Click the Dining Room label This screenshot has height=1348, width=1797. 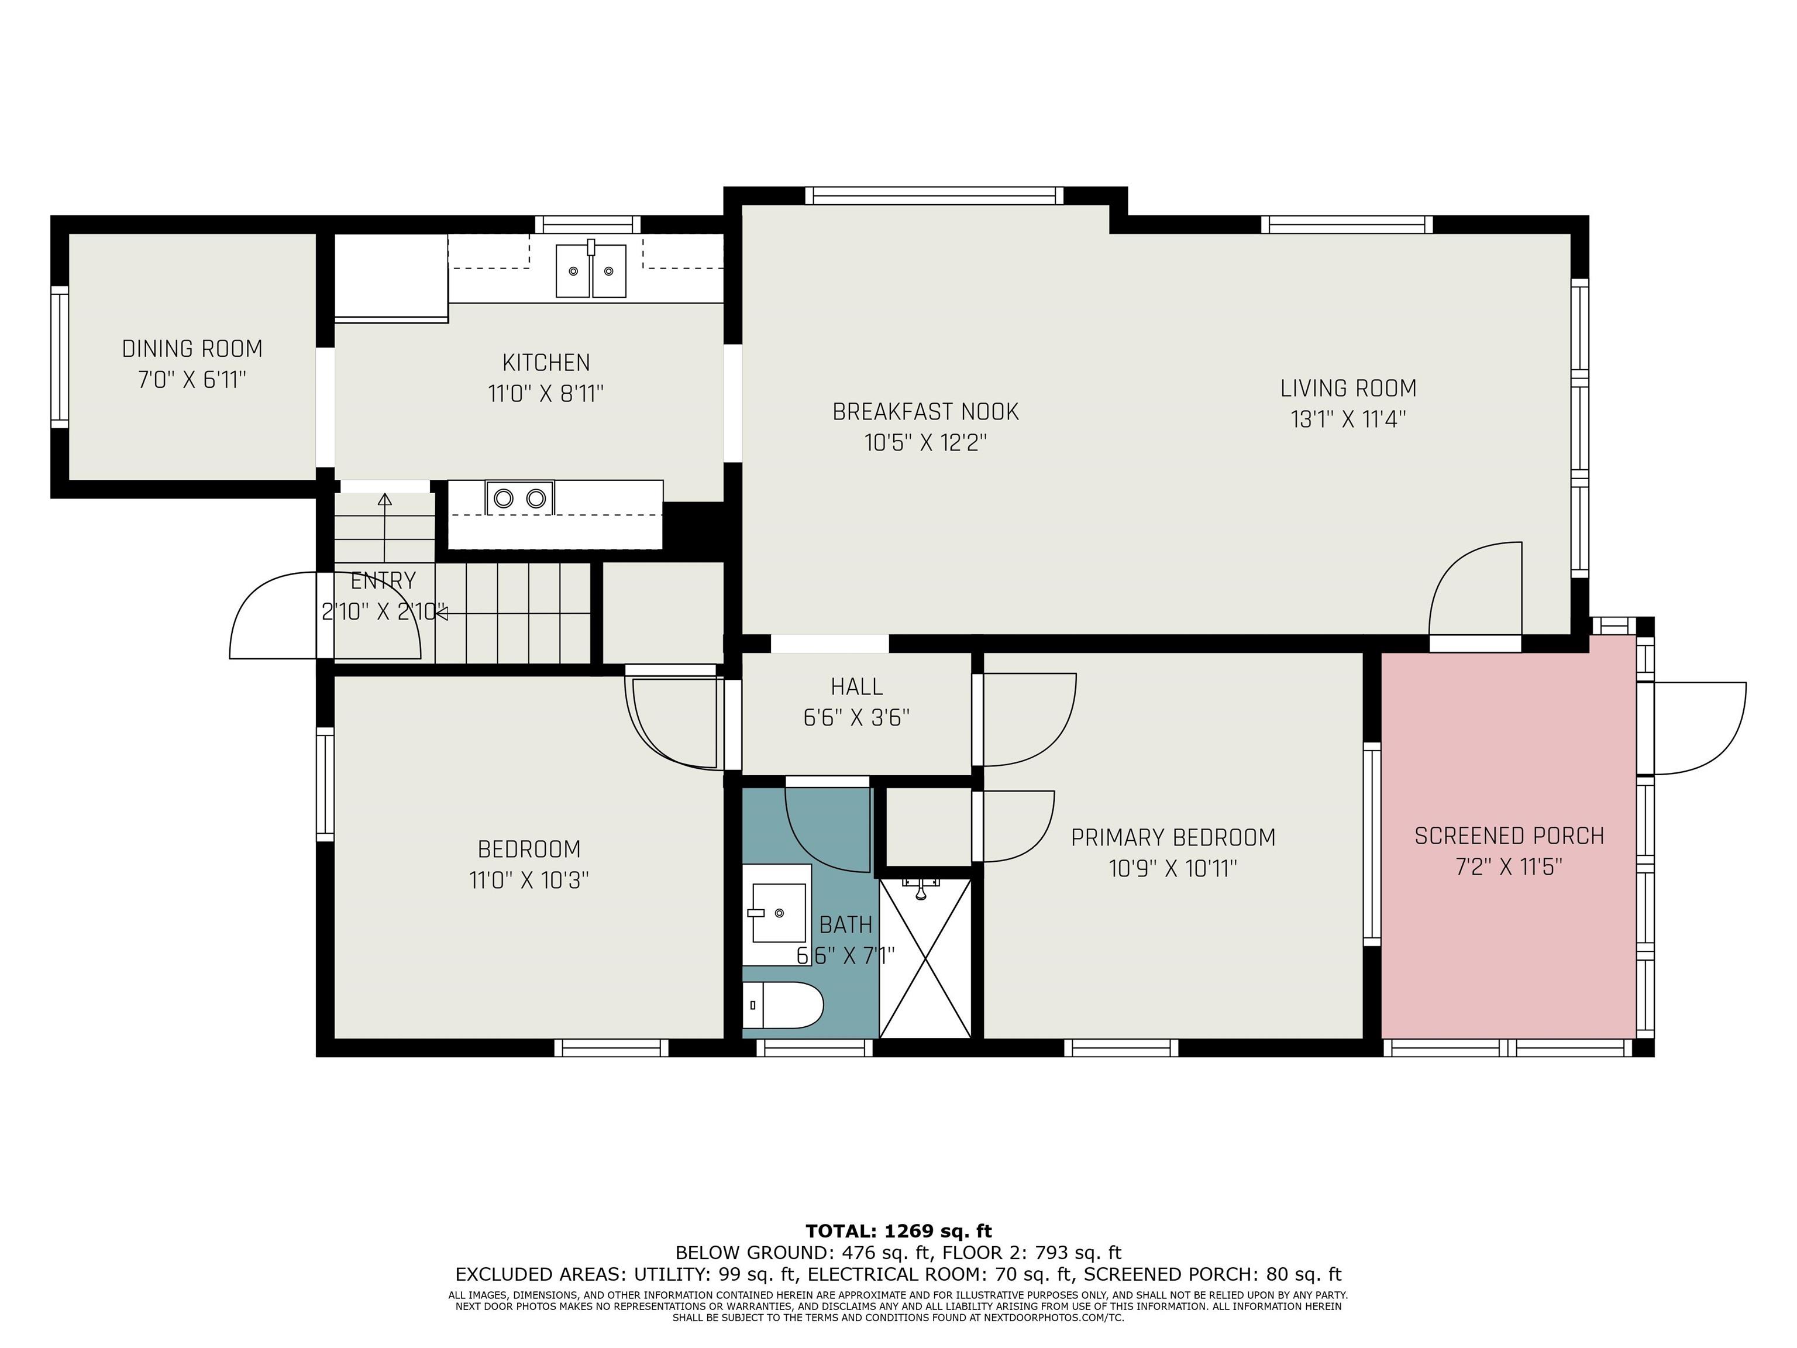(x=192, y=349)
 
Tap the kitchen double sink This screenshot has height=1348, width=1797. (x=591, y=270)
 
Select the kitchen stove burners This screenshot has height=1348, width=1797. (x=520, y=498)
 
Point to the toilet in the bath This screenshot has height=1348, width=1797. (x=782, y=1005)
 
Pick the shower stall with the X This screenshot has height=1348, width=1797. (x=925, y=957)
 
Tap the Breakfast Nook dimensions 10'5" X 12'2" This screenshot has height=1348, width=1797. (x=925, y=443)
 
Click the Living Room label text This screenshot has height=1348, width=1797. (x=1348, y=388)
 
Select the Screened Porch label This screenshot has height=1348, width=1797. (x=1509, y=836)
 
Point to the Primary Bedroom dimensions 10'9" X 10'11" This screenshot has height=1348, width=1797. (x=1173, y=869)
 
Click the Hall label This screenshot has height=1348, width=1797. (x=856, y=687)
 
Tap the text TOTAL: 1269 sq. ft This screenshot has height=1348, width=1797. (x=898, y=1231)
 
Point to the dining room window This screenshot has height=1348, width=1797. (x=59, y=357)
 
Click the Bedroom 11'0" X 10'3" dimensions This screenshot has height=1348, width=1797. (x=529, y=880)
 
